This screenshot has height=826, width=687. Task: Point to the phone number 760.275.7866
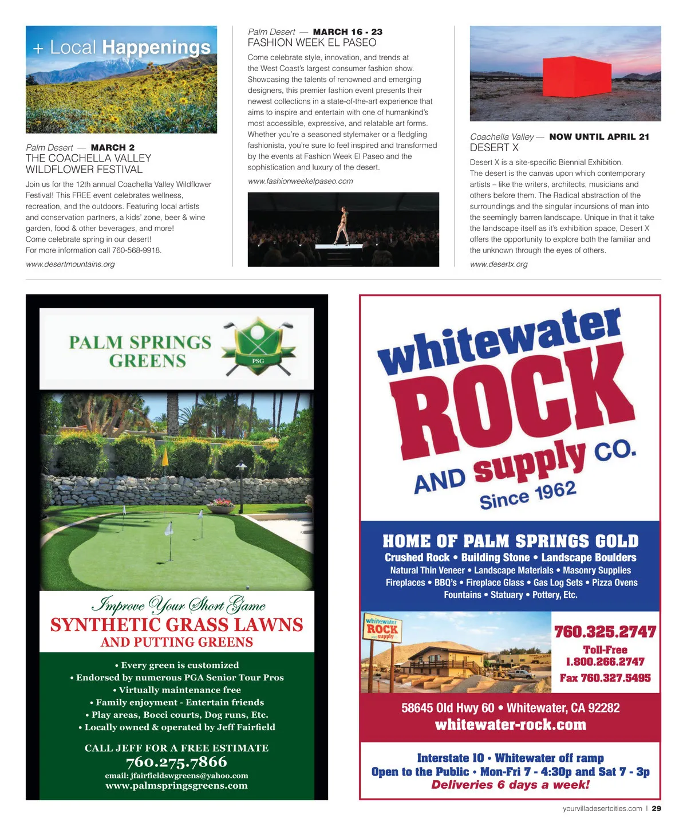176,762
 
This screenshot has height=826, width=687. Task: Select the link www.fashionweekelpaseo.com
300,181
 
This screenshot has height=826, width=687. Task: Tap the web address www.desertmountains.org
70,264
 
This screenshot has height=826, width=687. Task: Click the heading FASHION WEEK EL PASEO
312,43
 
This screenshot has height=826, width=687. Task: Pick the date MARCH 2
113,148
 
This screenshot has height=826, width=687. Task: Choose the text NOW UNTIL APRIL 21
599,137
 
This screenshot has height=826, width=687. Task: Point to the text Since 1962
527,495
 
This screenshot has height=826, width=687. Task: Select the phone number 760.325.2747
605,632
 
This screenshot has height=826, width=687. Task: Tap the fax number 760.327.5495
605,678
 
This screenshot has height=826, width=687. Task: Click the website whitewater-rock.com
511,725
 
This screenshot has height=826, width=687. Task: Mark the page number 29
656,808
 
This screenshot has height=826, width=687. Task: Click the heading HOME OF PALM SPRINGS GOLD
510,541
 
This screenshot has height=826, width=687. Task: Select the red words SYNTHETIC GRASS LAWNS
176,624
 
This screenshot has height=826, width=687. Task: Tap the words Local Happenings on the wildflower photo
130,48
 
